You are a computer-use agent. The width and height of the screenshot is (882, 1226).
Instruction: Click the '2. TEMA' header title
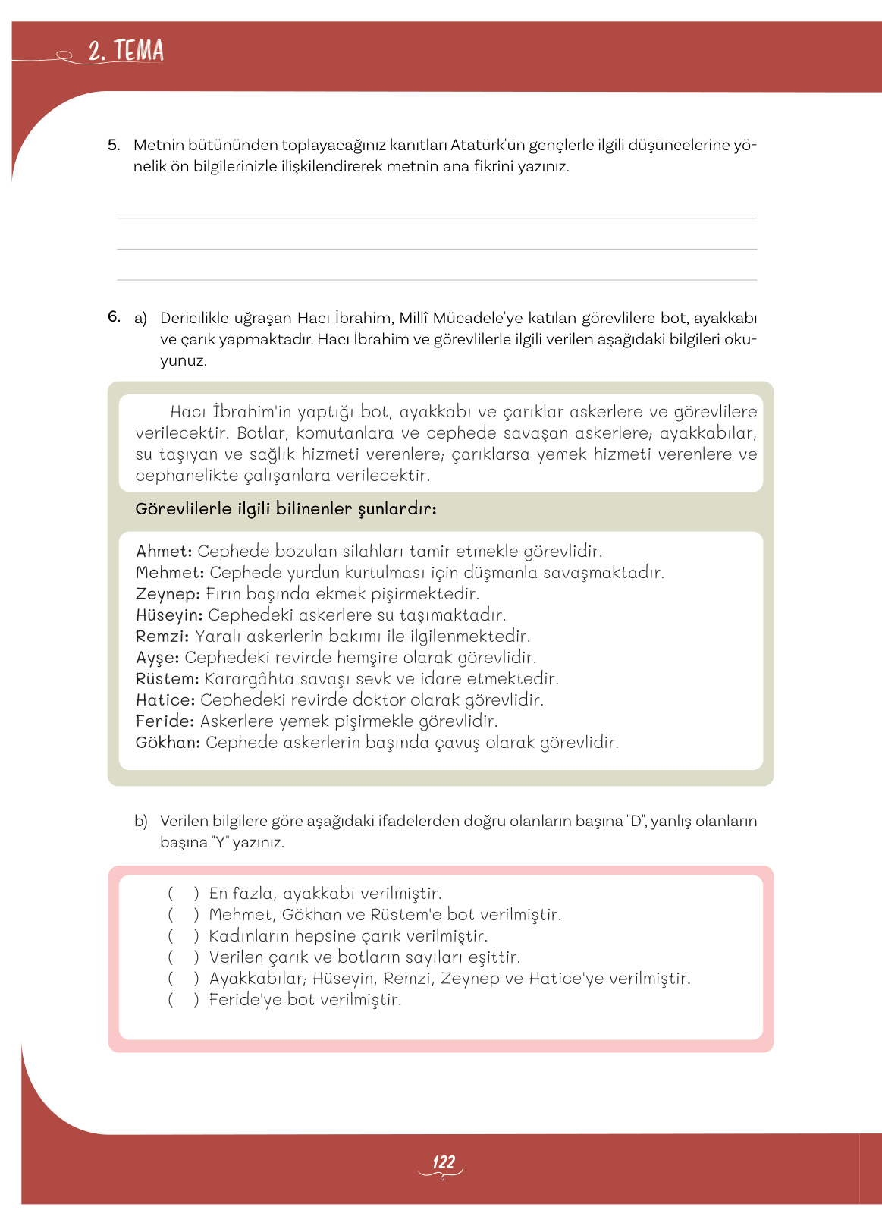pyautogui.click(x=125, y=51)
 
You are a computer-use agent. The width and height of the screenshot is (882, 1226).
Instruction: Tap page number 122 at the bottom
pyautogui.click(x=443, y=1162)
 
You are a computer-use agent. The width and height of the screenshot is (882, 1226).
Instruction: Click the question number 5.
pyautogui.click(x=114, y=144)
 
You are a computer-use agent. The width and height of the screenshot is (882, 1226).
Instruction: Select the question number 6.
pyautogui.click(x=114, y=316)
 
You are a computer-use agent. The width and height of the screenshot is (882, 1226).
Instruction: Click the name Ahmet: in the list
pyautogui.click(x=164, y=552)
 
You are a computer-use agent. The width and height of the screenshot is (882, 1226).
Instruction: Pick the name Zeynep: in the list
pyautogui.click(x=168, y=594)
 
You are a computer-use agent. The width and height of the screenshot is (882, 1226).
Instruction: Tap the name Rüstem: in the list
pyautogui.click(x=167, y=679)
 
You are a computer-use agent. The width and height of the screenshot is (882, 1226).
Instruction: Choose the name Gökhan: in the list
pyautogui.click(x=168, y=743)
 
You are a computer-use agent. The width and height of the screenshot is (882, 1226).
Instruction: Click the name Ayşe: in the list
pyautogui.click(x=157, y=658)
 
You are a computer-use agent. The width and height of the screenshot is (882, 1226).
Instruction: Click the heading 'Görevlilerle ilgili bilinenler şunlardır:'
pyautogui.click(x=285, y=509)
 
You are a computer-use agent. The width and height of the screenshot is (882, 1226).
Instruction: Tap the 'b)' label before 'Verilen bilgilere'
pyautogui.click(x=141, y=821)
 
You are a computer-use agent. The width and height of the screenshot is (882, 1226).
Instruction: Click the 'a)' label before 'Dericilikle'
pyautogui.click(x=140, y=318)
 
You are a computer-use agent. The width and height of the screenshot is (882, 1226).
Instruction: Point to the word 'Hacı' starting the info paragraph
pyautogui.click(x=188, y=412)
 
